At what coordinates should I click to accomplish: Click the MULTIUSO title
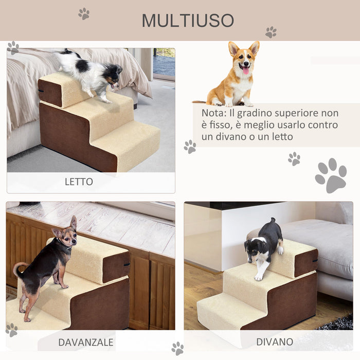pos(188,21)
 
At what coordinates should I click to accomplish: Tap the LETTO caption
pos(79,182)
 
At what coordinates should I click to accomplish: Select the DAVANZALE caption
pos(85,342)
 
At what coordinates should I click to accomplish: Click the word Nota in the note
pos(212,113)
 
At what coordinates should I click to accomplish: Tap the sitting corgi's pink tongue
pos(245,70)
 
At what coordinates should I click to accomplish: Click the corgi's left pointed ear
pos(233,49)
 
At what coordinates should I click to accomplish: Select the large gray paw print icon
pos(331,175)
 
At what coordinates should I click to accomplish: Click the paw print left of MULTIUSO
pos(84,13)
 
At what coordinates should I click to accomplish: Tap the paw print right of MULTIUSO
pos(271,32)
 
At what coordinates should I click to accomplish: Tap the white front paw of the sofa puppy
pos(258,276)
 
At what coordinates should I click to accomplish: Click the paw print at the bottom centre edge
pos(177,348)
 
